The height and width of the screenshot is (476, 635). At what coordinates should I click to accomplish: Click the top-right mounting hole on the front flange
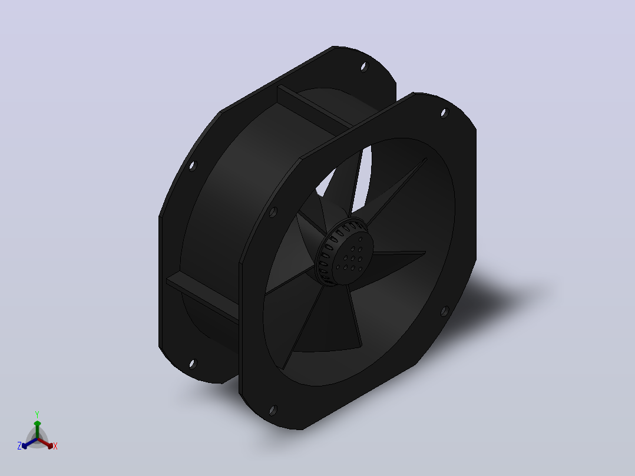click(x=444, y=113)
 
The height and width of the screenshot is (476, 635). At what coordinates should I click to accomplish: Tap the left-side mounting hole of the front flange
click(x=273, y=212)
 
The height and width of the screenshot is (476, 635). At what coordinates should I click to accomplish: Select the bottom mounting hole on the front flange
click(x=273, y=411)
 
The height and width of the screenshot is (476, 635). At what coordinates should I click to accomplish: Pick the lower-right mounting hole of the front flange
click(x=444, y=311)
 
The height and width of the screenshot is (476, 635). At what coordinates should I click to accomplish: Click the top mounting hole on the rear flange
click(x=365, y=67)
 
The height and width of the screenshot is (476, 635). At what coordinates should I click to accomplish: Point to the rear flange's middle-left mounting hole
click(x=193, y=166)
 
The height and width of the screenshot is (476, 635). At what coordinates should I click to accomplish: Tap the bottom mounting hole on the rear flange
click(x=193, y=364)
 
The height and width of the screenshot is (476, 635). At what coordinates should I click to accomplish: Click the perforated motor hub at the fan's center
click(x=343, y=252)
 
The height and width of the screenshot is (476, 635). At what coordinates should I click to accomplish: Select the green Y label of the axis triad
click(x=37, y=414)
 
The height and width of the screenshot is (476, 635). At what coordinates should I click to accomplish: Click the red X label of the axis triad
click(x=55, y=446)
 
